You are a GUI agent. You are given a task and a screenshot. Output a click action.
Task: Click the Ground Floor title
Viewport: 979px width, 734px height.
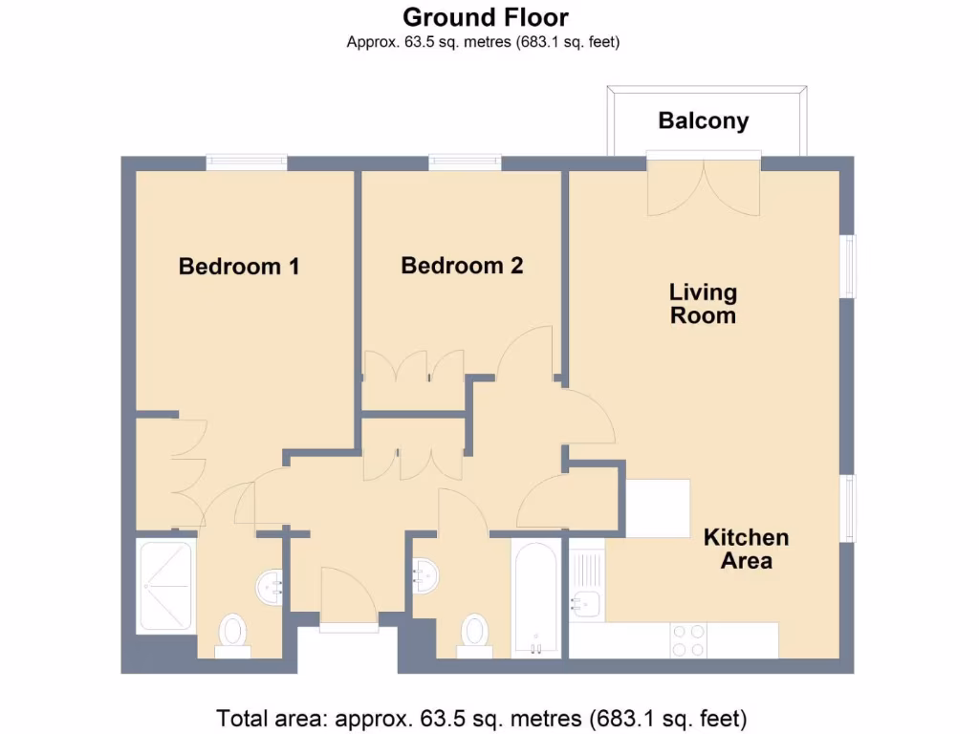point(485,17)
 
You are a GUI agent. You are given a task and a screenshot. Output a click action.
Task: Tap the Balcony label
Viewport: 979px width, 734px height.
point(703,121)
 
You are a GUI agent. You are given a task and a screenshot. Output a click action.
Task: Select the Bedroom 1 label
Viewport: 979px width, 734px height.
point(239,267)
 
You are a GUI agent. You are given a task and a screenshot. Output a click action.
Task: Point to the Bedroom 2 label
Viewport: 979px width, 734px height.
point(462,266)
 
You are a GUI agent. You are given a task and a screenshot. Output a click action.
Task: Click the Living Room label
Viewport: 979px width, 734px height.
point(703,303)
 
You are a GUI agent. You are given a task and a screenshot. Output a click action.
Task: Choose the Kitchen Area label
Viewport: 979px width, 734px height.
point(746,549)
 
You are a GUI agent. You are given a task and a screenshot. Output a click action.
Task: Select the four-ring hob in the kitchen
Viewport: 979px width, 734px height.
point(687,639)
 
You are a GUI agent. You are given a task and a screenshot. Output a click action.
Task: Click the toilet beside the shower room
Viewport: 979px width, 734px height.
point(232,632)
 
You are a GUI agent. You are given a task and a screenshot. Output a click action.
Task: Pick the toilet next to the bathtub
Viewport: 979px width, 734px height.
point(474,632)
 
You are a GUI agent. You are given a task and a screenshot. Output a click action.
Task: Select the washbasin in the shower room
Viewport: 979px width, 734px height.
point(271,585)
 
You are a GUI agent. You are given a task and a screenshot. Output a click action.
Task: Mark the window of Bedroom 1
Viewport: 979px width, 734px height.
point(247,163)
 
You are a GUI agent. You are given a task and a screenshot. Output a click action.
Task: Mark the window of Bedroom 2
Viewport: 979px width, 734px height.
point(466,163)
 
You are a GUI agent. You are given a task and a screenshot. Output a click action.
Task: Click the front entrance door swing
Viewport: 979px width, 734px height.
point(349,597)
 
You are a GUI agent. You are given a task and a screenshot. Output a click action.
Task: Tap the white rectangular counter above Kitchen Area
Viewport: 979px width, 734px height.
point(658,508)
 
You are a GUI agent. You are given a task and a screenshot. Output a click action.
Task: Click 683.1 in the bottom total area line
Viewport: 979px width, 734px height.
point(622,717)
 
